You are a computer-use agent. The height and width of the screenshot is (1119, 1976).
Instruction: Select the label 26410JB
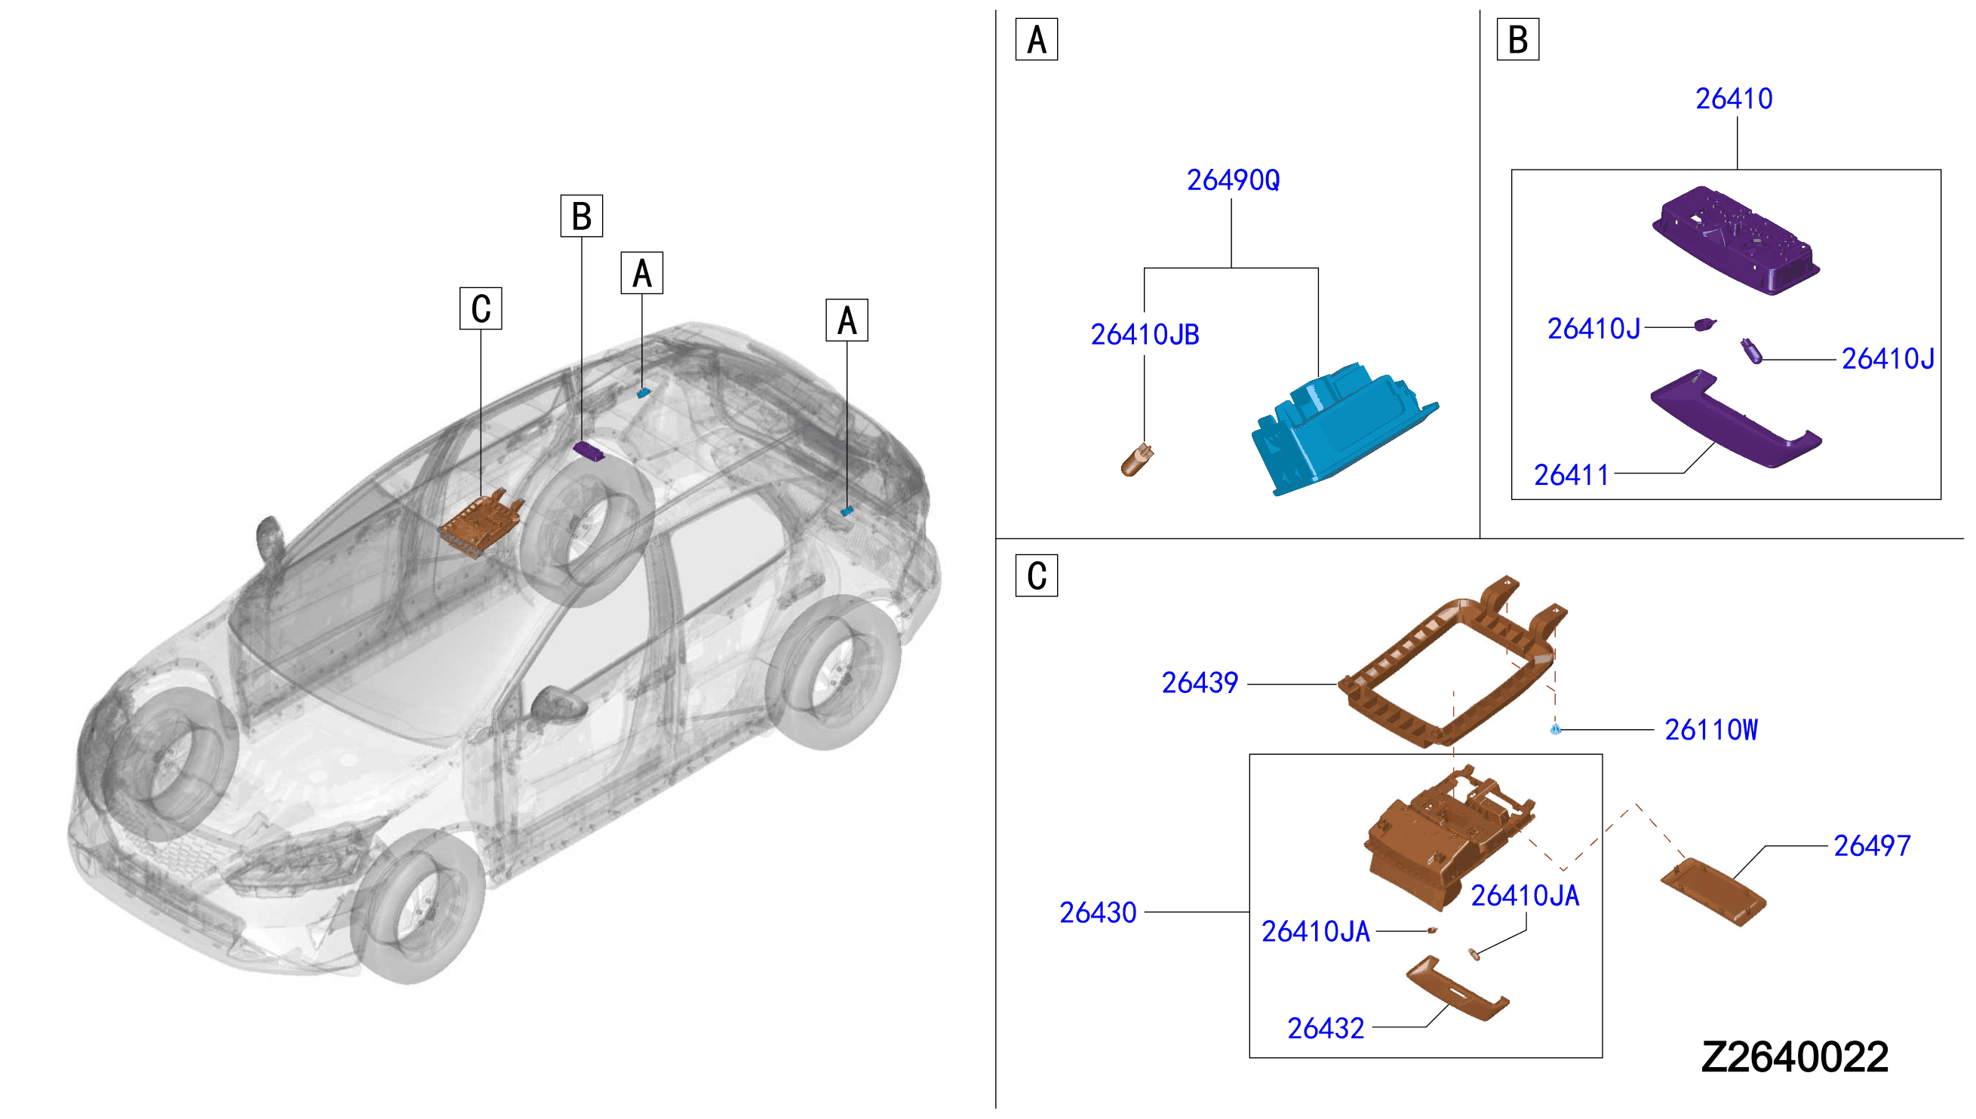[x=1144, y=334]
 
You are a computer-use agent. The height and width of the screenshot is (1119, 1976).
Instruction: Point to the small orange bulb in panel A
[x=1137, y=461]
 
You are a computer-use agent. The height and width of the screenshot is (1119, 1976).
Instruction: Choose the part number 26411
[x=1571, y=475]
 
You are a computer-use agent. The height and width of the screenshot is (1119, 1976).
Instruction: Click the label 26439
[x=1200, y=682]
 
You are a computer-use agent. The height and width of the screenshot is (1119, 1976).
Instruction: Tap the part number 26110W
[x=1710, y=729]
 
